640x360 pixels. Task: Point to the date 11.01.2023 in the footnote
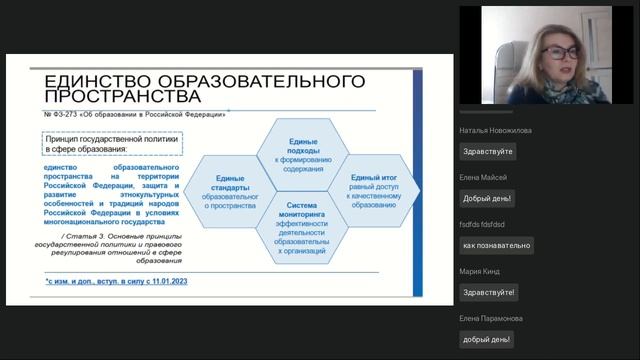click(x=164, y=283)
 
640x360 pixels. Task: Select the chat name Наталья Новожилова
click(x=496, y=130)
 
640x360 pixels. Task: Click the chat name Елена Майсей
click(x=483, y=177)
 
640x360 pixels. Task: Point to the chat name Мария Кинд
click(x=479, y=271)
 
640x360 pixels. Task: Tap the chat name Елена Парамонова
click(x=490, y=318)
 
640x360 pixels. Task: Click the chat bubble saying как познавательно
click(x=496, y=245)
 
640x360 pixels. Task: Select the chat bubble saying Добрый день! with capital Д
click(x=487, y=198)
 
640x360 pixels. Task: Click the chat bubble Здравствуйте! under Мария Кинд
click(x=489, y=292)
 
